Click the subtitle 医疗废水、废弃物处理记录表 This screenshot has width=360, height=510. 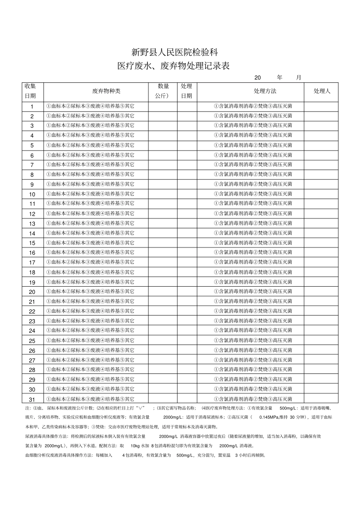(174, 66)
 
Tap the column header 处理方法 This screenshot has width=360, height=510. (265, 91)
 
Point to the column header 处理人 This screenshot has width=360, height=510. (322, 91)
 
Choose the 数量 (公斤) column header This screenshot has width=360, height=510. (163, 91)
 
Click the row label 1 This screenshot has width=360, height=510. (32, 107)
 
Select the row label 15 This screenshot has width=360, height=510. (32, 243)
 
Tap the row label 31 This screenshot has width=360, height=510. (32, 399)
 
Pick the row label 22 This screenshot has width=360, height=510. (32, 311)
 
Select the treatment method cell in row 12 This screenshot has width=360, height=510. (253, 213)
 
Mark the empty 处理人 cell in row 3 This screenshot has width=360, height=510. (321, 126)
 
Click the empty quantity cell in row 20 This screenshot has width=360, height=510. (163, 292)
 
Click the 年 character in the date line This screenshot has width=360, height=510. (280, 77)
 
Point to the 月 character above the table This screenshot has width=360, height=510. (299, 77)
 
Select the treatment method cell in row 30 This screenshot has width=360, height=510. (253, 389)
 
